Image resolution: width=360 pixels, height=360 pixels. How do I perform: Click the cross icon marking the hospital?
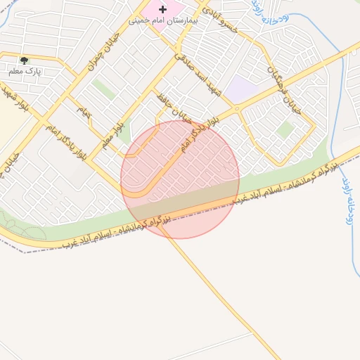click(x=163, y=9)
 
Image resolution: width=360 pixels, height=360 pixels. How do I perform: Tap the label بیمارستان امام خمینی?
click(x=164, y=21)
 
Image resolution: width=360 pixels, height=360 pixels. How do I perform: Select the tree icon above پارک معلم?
click(x=25, y=61)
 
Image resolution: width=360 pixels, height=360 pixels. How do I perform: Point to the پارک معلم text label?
click(x=25, y=72)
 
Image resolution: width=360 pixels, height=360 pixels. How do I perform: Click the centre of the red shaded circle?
click(x=180, y=179)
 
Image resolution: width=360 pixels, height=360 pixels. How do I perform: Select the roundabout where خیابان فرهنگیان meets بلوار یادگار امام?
click(x=238, y=108)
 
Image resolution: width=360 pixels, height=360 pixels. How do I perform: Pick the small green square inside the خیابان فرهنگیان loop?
click(x=285, y=129)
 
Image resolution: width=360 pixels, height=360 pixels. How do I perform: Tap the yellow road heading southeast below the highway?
click(x=225, y=295)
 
